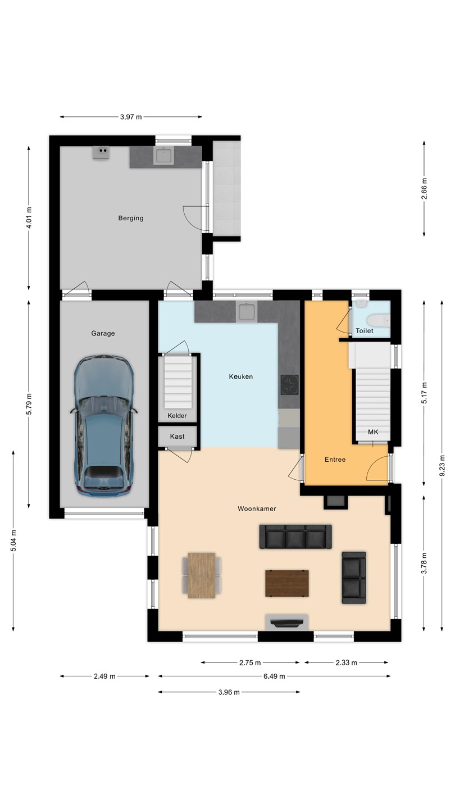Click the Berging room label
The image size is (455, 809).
[131, 218]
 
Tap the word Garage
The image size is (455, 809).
[103, 333]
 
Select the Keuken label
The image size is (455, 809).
[241, 376]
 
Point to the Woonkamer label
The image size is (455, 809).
[257, 509]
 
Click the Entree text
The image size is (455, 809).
[335, 460]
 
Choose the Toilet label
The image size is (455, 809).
[365, 331]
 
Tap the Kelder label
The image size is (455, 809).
[178, 416]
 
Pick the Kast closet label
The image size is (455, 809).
[178, 437]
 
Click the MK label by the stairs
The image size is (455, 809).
[373, 432]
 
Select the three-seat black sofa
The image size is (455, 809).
[295, 537]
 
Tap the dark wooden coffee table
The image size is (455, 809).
[287, 583]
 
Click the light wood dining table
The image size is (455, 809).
[202, 575]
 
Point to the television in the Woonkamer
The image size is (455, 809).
[287, 623]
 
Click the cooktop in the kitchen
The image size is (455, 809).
[290, 385]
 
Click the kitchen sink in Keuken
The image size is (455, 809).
[247, 312]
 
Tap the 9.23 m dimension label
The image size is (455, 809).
[442, 466]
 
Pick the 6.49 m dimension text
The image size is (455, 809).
[274, 676]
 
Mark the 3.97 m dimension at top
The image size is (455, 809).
[131, 117]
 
